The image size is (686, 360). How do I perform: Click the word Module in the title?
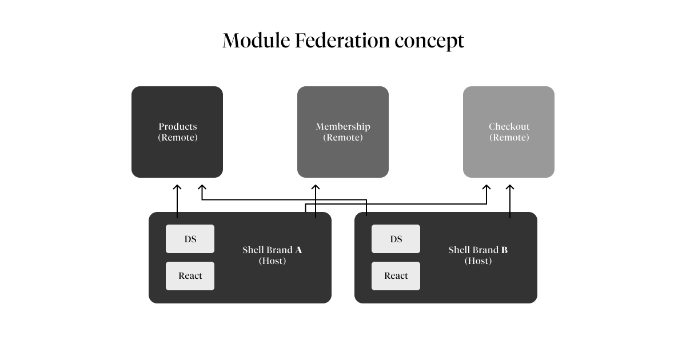click(256, 41)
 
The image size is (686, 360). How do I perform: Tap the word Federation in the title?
click(342, 41)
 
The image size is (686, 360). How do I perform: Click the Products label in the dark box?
click(177, 126)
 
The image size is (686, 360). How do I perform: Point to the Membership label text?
click(343, 126)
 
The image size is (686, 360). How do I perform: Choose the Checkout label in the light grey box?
click(509, 126)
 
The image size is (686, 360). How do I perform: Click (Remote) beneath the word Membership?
click(343, 138)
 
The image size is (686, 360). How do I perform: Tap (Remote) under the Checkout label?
click(509, 138)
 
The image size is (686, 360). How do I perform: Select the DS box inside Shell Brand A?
click(190, 239)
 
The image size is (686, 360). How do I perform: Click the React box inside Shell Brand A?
click(190, 276)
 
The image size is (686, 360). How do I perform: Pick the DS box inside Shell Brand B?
click(396, 239)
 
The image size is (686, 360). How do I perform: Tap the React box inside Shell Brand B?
click(396, 276)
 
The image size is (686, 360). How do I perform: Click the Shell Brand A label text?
click(272, 250)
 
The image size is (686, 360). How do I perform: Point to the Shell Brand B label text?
click(478, 250)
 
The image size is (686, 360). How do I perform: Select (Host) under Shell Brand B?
click(478, 261)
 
